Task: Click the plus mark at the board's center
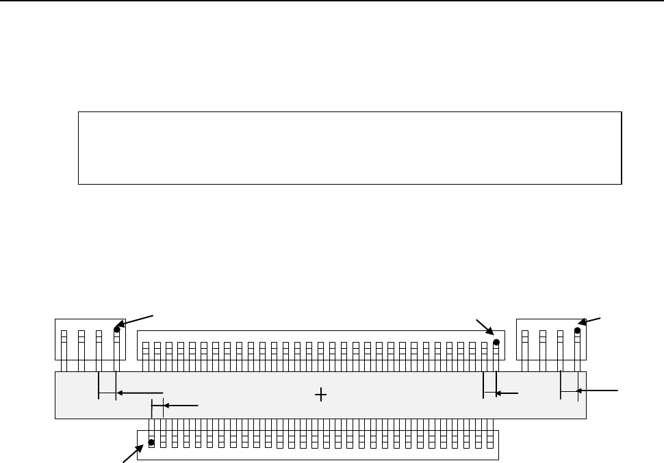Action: (320, 395)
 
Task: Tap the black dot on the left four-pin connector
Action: (117, 330)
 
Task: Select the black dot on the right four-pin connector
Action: (577, 330)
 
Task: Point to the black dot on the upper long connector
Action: (497, 342)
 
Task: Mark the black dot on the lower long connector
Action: (151, 442)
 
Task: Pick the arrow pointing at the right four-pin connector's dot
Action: (591, 320)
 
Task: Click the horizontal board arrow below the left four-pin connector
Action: (140, 393)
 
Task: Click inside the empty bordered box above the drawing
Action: (349, 147)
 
